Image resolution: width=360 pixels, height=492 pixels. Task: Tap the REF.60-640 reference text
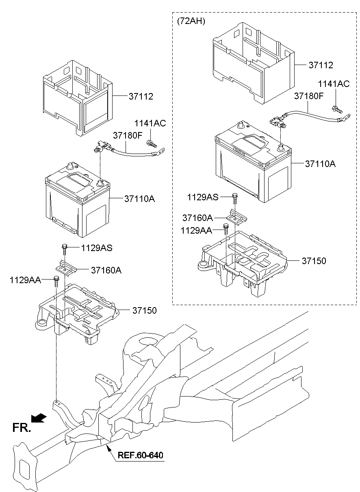coord(141,455)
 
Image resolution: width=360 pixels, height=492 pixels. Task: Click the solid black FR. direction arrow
coord(39,418)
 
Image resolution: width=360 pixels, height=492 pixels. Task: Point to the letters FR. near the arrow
coord(22,427)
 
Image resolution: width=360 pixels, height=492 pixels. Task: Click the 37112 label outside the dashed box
coord(141,96)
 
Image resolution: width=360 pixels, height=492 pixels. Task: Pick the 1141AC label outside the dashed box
coord(151,124)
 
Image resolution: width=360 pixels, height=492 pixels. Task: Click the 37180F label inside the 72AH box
coord(309,96)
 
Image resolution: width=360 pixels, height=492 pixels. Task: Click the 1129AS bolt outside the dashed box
coord(64,247)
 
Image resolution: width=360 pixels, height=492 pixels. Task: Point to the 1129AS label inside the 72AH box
coord(203,197)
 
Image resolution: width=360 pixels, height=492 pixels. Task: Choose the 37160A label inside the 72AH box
coord(197,218)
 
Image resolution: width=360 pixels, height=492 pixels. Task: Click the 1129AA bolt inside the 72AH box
coord(225,228)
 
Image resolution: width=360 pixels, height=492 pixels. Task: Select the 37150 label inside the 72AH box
coord(314,260)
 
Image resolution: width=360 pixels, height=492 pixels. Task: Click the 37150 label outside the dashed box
coord(144,310)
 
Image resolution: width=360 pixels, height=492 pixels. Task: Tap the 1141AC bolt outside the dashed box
coord(152,143)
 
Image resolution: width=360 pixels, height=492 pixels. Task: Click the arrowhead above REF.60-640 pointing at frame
coord(108,447)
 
